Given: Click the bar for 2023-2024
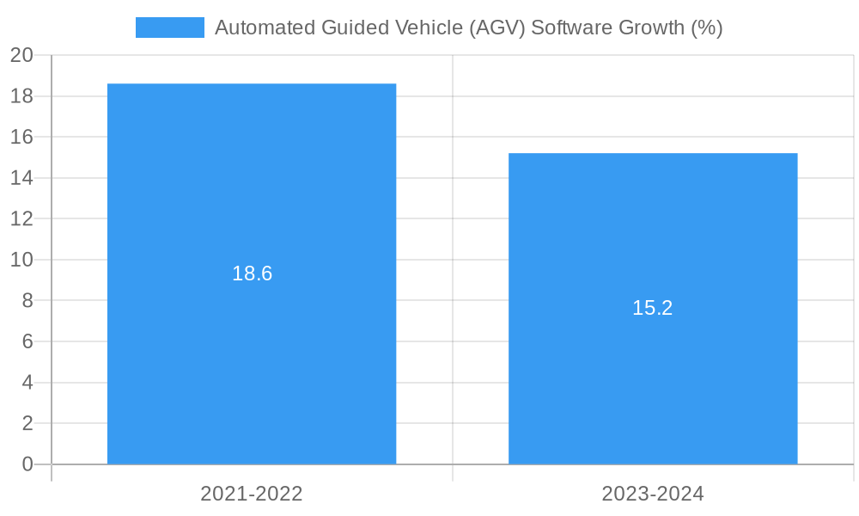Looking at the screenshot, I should click(x=653, y=387).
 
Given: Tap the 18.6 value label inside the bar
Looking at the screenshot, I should click(x=252, y=273).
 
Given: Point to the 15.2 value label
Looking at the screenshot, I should click(x=653, y=308).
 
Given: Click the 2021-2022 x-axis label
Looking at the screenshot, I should click(x=252, y=494).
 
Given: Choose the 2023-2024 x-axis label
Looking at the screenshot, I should click(x=653, y=494).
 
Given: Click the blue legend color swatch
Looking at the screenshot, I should click(x=170, y=28).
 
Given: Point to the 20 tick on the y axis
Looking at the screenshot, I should click(x=21, y=55).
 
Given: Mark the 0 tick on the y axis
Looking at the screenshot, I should click(x=27, y=464).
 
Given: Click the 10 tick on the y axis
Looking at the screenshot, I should click(x=21, y=260).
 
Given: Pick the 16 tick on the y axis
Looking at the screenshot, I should click(x=21, y=137).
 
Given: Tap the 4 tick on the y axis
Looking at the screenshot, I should click(x=27, y=383).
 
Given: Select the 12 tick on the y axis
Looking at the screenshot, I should click(x=21, y=218).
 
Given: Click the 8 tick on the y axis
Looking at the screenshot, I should click(x=27, y=301).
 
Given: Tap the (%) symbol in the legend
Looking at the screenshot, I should click(x=706, y=28).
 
